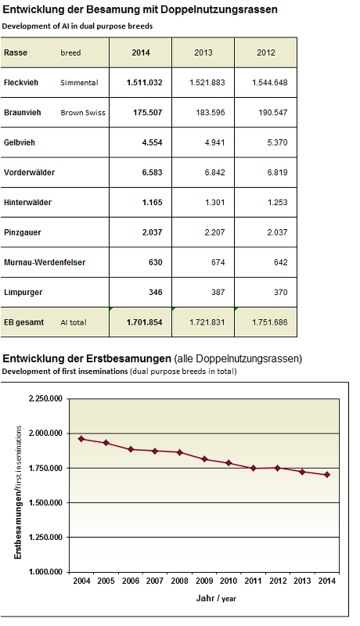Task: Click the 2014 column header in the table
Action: click(x=141, y=52)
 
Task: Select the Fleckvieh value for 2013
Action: click(x=207, y=83)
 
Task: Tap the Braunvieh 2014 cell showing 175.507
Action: click(x=148, y=113)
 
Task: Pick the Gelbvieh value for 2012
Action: click(x=277, y=142)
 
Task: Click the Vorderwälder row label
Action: click(x=29, y=172)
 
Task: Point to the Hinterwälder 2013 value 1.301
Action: click(x=214, y=203)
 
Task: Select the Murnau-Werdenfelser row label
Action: click(x=45, y=262)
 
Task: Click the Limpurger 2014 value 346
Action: click(x=156, y=292)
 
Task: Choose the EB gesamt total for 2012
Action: click(x=270, y=322)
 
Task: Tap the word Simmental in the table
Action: click(x=79, y=83)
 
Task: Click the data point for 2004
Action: click(x=81, y=439)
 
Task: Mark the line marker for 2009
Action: click(x=204, y=459)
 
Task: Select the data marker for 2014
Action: click(x=327, y=475)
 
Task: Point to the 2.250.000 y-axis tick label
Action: click(x=45, y=399)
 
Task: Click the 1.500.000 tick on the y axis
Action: click(x=45, y=502)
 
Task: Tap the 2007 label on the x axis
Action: click(x=155, y=581)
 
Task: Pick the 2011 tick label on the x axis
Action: click(x=253, y=581)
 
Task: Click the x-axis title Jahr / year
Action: click(x=216, y=598)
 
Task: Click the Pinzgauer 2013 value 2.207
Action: click(x=214, y=232)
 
